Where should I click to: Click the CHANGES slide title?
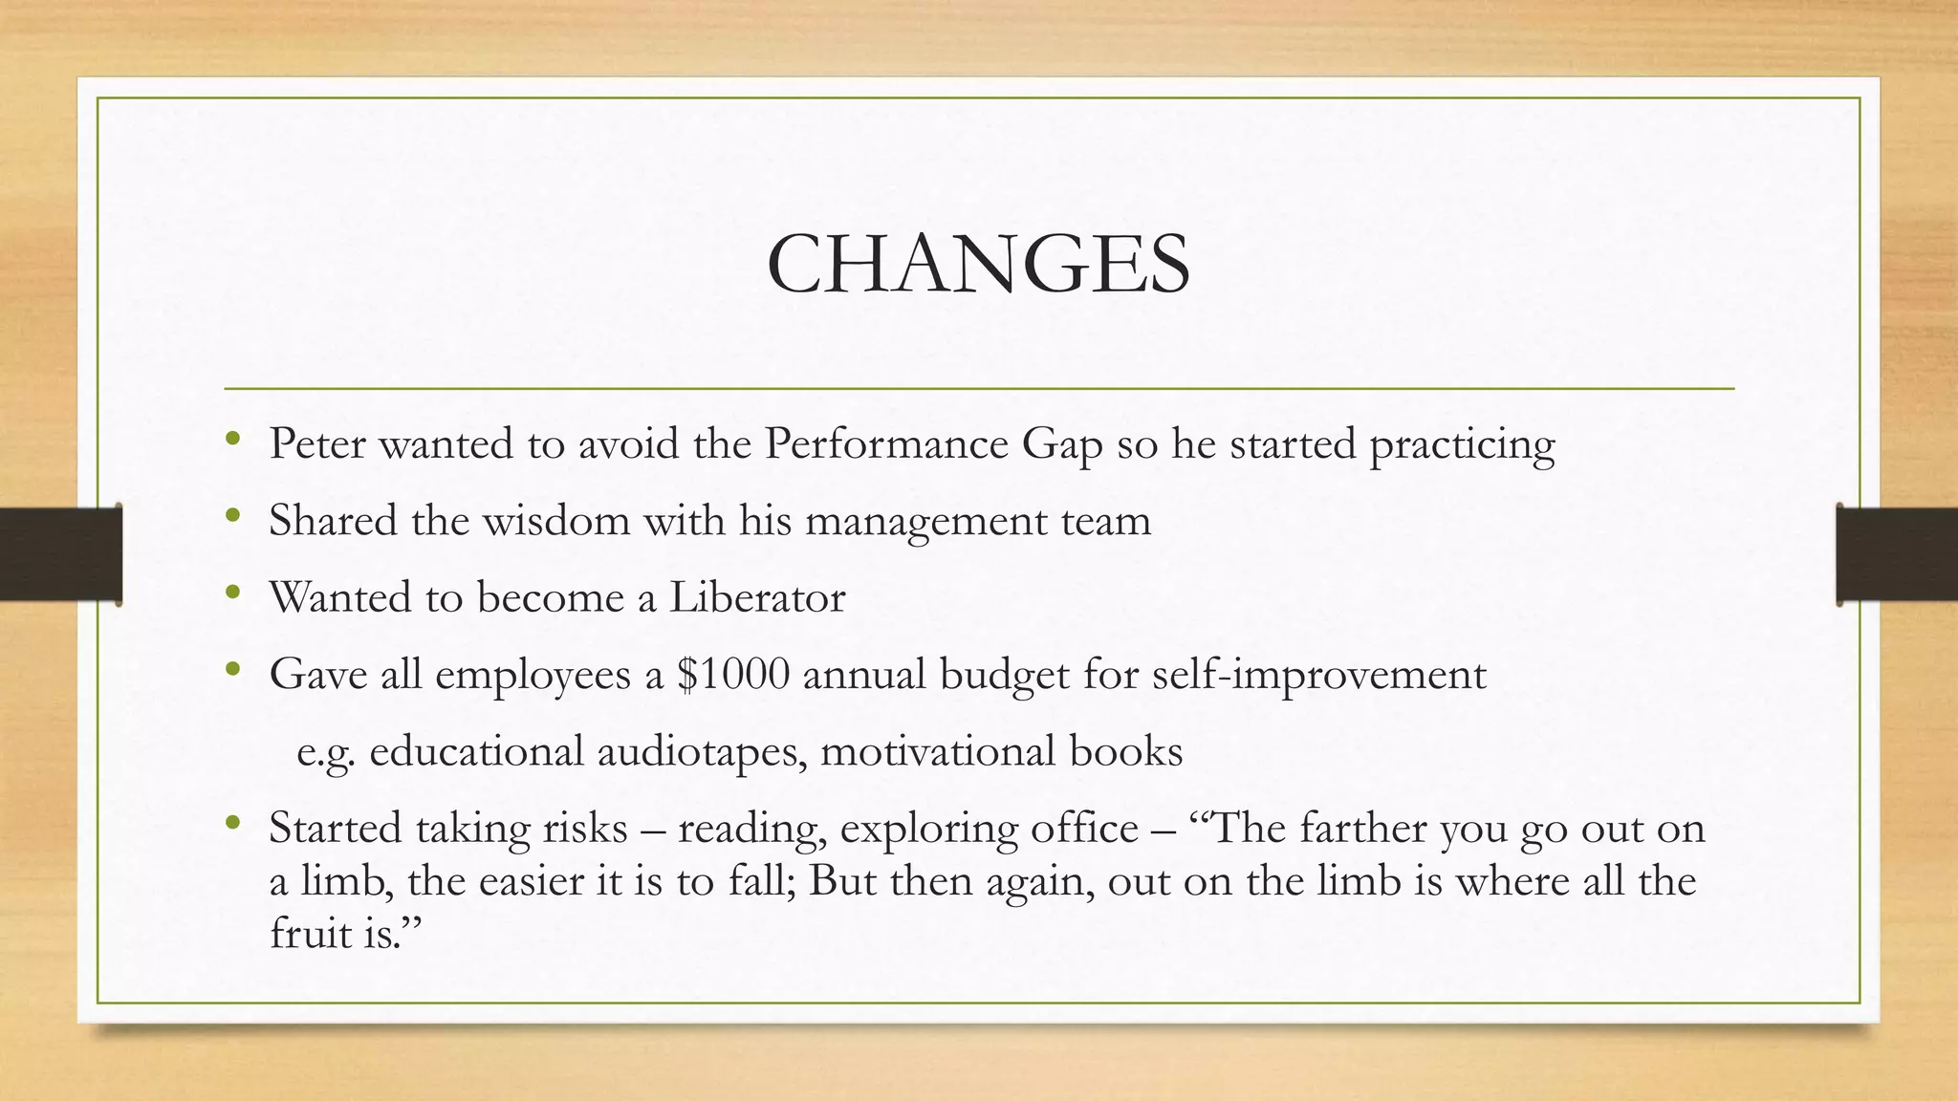coord(978,264)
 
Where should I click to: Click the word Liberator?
coord(756,598)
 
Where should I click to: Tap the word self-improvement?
coord(1318,676)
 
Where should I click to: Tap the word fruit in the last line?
coord(309,933)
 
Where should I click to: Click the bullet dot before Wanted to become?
coord(233,594)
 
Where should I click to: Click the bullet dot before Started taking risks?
coord(233,823)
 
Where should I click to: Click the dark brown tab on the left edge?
coord(60,554)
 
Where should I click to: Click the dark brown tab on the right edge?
coord(1897,554)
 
